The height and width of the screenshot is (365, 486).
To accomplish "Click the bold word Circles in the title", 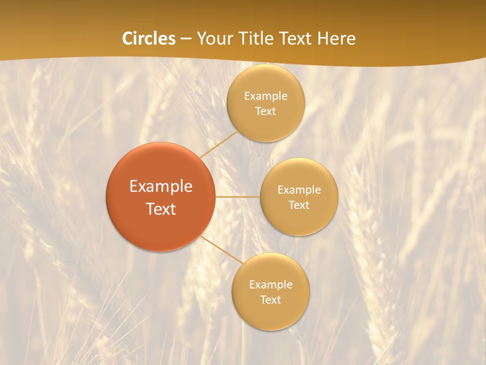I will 148,39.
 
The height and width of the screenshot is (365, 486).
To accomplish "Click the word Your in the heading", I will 213,39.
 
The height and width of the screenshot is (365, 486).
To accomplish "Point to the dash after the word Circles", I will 186,39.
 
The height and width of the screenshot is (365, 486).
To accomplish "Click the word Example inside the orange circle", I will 160,187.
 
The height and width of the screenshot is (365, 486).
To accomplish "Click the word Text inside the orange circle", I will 160,209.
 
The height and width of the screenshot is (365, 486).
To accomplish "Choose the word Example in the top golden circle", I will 265,96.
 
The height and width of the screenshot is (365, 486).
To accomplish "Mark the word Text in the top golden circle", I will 265,111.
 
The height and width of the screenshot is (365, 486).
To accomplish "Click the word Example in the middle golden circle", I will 299,190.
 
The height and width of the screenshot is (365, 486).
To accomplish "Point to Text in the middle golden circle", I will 299,205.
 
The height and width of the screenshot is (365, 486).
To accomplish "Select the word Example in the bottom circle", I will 270,284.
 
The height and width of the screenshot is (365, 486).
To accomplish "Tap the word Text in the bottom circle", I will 270,300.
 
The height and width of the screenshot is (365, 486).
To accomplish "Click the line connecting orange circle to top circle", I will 219,144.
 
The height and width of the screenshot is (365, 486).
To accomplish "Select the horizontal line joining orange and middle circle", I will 237,197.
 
